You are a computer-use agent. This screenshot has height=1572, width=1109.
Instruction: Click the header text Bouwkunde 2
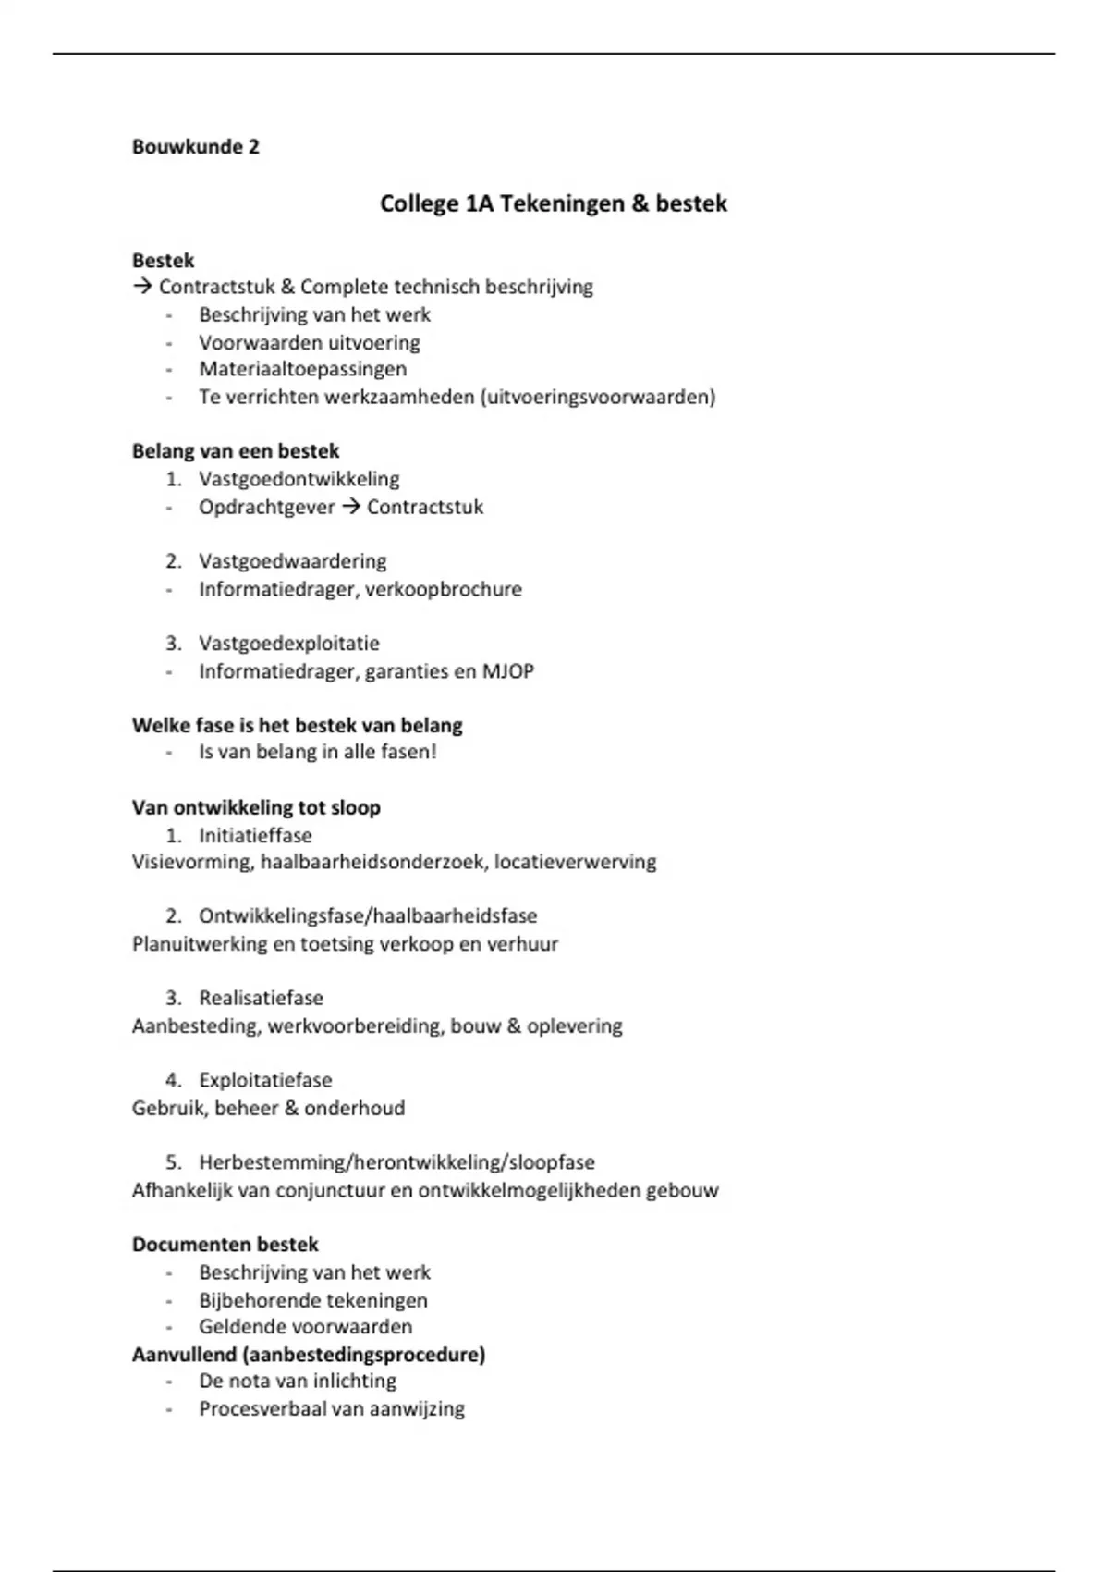[195, 147]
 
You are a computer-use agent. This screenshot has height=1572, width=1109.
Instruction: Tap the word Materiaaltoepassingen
[302, 369]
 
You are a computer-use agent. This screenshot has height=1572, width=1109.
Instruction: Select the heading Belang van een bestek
[236, 451]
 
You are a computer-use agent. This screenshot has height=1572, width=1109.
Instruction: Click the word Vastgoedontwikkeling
[299, 479]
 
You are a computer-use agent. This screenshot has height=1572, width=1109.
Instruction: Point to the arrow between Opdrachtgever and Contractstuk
[350, 507]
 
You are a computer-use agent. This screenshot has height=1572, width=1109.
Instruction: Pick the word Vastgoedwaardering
[292, 561]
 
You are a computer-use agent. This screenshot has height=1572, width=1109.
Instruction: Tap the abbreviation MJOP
[507, 671]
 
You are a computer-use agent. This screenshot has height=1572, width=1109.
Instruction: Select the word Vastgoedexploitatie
[288, 644]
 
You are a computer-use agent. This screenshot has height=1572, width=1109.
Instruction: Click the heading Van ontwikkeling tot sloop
[256, 807]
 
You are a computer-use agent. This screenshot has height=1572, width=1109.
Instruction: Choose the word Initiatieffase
[255, 835]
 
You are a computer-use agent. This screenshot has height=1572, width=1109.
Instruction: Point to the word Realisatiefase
[261, 999]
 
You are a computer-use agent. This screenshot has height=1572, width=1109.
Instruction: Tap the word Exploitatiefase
[265, 1080]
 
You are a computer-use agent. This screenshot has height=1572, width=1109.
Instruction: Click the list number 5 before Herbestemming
[173, 1162]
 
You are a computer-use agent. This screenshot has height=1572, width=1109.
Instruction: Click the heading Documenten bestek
[225, 1245]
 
